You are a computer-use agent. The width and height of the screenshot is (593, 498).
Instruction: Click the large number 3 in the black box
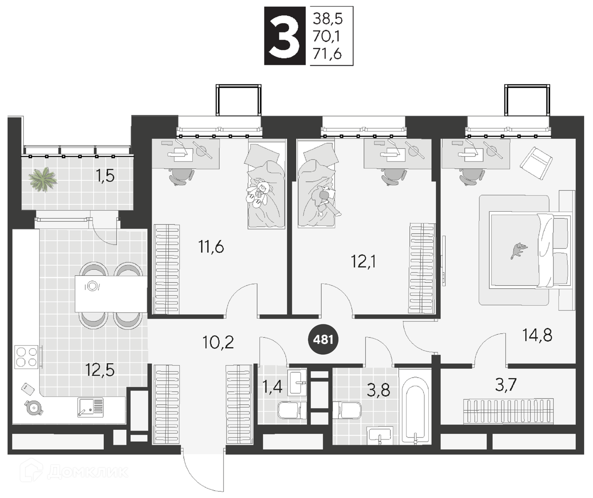[x=285, y=36]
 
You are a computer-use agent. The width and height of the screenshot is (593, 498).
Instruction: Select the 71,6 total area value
[x=327, y=54]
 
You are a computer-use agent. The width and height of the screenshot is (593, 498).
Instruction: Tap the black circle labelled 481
[x=324, y=339]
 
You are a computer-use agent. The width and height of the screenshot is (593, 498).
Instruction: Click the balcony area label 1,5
[x=105, y=176]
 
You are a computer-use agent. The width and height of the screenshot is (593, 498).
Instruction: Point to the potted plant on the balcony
[x=43, y=179]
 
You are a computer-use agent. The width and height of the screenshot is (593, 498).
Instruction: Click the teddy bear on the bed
[x=258, y=193]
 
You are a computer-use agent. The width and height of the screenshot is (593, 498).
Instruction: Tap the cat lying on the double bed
[x=519, y=250]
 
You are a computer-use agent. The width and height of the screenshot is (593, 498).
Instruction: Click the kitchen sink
[x=90, y=407]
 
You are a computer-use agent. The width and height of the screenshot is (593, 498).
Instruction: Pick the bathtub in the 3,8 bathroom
[x=415, y=406]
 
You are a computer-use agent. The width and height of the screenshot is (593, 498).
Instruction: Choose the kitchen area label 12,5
[x=100, y=370]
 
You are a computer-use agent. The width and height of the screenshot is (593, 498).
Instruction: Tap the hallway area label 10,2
[x=218, y=342]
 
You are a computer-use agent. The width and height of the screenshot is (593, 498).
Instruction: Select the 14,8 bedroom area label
[x=537, y=335]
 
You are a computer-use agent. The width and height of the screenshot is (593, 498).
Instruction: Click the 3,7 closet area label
[x=505, y=385]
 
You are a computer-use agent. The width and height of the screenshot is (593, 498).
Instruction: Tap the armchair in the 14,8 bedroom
[x=536, y=163]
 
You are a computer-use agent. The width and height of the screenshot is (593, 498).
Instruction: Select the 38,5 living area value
[x=328, y=19]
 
